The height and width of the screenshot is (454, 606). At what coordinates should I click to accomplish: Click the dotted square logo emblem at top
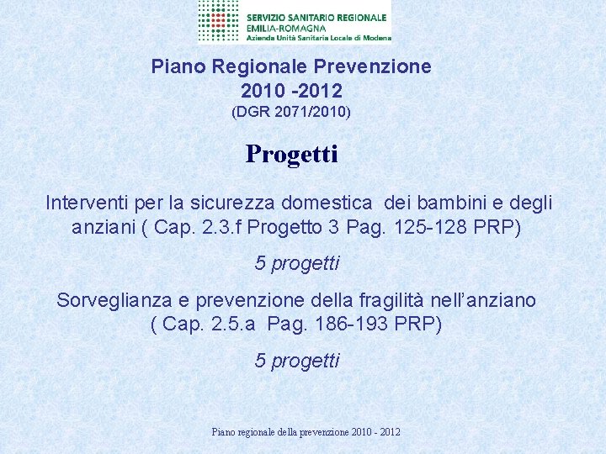click(x=221, y=20)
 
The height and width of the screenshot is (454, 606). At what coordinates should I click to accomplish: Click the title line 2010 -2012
click(x=291, y=90)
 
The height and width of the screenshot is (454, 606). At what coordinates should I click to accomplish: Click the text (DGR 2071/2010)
click(x=291, y=111)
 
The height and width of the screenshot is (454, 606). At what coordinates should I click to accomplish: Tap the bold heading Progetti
click(x=291, y=154)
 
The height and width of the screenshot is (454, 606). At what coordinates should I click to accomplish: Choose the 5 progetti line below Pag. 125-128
click(x=297, y=263)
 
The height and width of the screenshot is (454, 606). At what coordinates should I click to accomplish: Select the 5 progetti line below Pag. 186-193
click(x=297, y=361)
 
